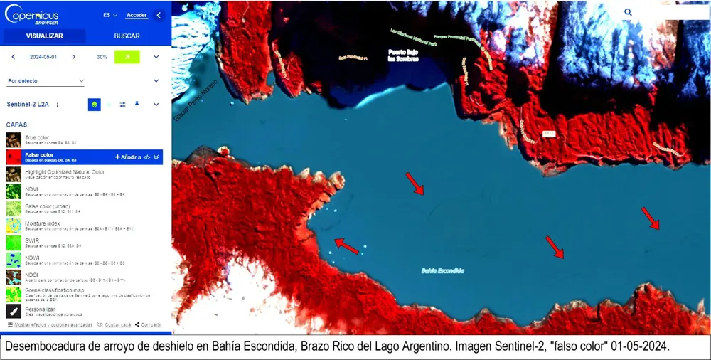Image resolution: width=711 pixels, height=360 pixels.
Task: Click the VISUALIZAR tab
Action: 44,36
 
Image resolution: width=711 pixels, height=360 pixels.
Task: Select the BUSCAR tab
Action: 127,36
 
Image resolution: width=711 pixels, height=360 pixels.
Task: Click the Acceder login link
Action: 137,15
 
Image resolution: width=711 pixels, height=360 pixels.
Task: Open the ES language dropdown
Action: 109,15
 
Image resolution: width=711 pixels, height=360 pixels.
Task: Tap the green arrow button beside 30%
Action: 127,57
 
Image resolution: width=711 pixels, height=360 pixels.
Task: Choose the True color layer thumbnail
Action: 14,139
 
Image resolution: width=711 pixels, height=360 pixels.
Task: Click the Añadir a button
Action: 129,157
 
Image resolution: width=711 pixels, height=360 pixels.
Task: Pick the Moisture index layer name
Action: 43,223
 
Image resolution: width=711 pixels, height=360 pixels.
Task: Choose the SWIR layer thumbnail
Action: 14,243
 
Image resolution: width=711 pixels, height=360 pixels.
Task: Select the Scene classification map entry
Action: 54,290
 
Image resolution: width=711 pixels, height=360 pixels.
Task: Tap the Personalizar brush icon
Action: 14,311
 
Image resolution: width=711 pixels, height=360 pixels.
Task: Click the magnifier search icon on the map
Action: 628,12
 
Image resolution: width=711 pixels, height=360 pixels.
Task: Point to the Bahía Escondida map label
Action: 442,270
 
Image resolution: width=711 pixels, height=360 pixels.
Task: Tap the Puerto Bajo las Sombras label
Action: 403,55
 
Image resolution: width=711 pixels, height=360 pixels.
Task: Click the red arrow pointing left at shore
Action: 346,246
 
